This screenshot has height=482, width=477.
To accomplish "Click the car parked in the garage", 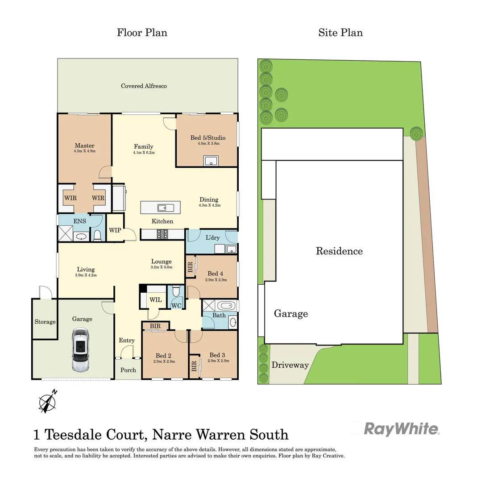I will point(81,350).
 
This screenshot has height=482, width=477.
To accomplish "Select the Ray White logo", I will point(402,429).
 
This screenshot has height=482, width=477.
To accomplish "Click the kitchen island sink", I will point(162,208).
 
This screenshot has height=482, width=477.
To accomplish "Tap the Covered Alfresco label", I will point(144,86).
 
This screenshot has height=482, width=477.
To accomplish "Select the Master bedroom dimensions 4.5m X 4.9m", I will point(84,151).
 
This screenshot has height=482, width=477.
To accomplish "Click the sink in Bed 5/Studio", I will point(211,161).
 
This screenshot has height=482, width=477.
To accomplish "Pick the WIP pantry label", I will point(115,230).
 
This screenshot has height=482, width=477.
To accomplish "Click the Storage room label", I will point(45,321).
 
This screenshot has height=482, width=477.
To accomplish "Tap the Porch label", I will point(128,370).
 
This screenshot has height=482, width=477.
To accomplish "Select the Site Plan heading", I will point(340,33).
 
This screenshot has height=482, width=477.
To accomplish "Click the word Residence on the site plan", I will point(339,251).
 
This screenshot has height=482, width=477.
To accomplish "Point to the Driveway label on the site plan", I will point(290,365).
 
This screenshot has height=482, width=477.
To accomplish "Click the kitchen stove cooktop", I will point(162,233).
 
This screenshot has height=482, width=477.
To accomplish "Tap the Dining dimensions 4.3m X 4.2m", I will point(209,205).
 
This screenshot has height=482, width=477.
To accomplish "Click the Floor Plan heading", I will point(142,33).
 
